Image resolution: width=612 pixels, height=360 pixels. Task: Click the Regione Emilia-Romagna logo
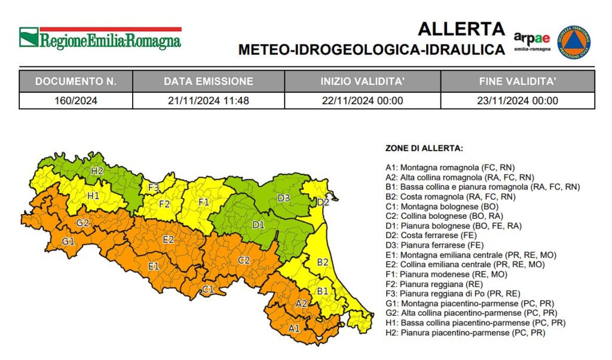[x=100, y=38]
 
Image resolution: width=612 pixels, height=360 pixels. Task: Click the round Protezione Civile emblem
[x=574, y=42]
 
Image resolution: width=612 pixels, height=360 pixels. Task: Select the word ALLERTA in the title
[x=461, y=29]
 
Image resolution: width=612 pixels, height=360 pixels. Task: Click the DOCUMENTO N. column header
[x=75, y=81]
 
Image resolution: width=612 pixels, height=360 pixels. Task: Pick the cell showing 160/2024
[x=75, y=100]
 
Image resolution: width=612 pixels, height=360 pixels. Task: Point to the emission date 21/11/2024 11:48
[x=208, y=100]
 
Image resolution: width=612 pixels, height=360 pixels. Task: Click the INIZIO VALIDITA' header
[x=362, y=81]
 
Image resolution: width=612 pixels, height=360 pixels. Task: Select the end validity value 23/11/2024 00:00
[x=518, y=100]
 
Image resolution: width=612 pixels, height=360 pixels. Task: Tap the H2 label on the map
[x=97, y=172]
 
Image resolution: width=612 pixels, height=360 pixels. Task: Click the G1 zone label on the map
[x=69, y=242]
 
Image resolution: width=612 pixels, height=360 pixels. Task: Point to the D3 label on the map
[x=283, y=198]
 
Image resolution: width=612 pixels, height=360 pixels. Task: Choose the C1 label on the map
[x=207, y=289]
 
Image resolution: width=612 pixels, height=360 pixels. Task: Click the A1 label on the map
[x=294, y=328]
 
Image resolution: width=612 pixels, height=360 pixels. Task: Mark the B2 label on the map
[x=323, y=262]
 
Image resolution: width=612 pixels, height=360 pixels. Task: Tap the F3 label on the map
[x=154, y=188]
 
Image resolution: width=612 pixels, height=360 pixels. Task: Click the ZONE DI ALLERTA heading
[x=424, y=148]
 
